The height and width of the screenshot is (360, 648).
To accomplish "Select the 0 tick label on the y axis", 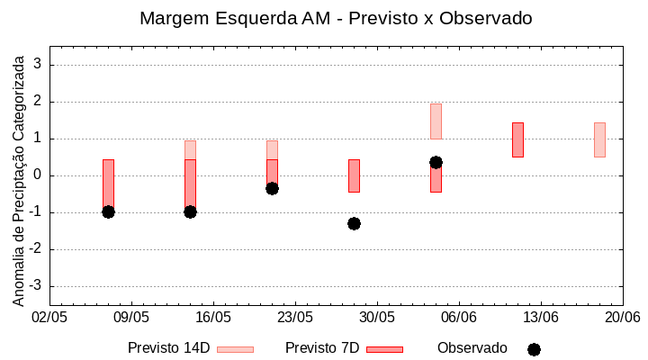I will point(38,175).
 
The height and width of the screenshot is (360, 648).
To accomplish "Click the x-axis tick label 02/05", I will point(49,318).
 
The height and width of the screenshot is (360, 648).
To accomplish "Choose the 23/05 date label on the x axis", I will point(294,318).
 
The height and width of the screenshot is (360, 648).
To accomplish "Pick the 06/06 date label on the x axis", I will point(459,318).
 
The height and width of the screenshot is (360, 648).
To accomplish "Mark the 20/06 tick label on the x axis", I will point(622,318).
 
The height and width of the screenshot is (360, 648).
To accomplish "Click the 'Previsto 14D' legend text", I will point(168,348).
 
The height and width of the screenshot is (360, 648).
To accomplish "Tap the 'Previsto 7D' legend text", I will point(322,348).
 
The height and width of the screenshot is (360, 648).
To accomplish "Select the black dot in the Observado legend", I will point(534,349).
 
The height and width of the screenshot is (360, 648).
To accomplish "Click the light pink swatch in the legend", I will point(235,349).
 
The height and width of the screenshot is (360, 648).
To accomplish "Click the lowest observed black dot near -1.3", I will point(354,223).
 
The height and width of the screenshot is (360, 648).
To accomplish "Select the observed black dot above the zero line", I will point(436,162).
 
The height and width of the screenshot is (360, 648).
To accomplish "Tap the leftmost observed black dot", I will point(108,211).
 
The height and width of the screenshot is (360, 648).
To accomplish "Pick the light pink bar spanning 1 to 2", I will point(436,121).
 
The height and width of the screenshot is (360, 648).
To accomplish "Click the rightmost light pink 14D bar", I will point(599,139).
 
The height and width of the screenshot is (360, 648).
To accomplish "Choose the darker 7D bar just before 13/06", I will point(517,139).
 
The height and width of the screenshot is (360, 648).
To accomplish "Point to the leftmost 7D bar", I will point(108,184).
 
